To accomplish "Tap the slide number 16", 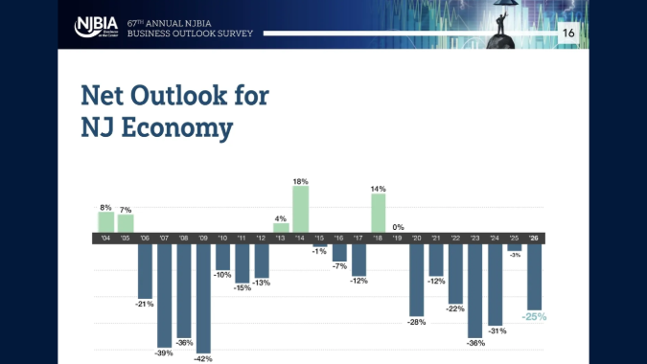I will [568, 33].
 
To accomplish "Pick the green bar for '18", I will [379, 214].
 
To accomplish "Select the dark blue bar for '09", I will [203, 297].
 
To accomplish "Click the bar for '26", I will [534, 276].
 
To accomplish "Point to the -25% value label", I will [534, 316].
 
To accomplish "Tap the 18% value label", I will [300, 180].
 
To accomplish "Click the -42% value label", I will [203, 358].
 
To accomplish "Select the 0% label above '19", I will [398, 227].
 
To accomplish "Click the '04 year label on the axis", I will [105, 238].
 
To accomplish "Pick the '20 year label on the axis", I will [417, 238].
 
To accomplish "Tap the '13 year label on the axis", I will [281, 238].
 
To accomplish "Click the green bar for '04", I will [105, 222].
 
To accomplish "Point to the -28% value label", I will [417, 323].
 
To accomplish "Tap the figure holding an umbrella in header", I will [504, 21].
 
